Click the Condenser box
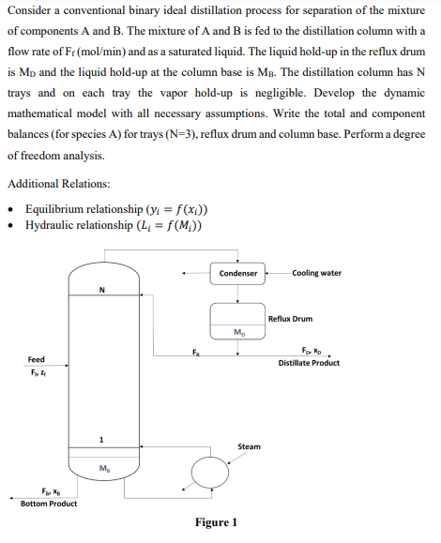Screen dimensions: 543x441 [x=237, y=274]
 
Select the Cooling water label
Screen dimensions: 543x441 [x=317, y=273]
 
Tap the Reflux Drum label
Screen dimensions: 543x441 [x=289, y=319]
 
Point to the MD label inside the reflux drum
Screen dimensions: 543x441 [x=239, y=332]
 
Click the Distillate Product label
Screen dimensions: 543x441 [x=309, y=363]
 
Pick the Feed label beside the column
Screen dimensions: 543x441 [x=36, y=359]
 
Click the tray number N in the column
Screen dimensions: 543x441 [x=100, y=289]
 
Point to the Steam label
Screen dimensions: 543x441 [x=249, y=446]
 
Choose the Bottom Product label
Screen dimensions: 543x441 [x=49, y=504]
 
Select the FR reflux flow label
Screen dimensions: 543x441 [x=196, y=352]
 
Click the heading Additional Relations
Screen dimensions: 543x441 [x=59, y=183]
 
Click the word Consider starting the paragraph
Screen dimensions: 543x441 [x=32, y=10]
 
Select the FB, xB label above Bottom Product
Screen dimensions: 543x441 [x=47, y=491]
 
